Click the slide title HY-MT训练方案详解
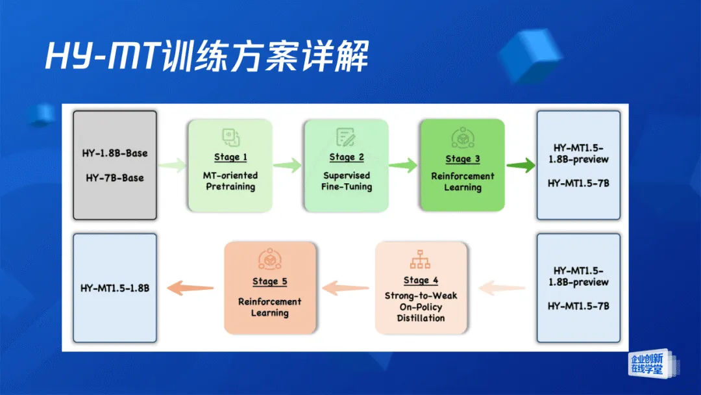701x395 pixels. click(x=206, y=57)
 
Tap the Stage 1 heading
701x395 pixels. click(x=231, y=157)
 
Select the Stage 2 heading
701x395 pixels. click(x=347, y=157)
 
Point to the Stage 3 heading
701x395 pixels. click(x=463, y=159)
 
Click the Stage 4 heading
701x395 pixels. click(x=421, y=281)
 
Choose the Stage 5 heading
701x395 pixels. click(x=269, y=282)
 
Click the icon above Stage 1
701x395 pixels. click(x=231, y=137)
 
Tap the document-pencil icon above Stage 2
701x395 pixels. click(x=346, y=137)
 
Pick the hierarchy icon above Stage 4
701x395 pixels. click(x=421, y=260)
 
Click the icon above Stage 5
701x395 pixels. click(x=269, y=260)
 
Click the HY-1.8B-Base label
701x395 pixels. click(x=115, y=154)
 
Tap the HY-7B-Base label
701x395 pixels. click(x=115, y=177)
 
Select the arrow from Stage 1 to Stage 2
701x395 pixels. click(x=288, y=166)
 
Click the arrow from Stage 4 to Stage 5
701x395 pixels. click(x=346, y=287)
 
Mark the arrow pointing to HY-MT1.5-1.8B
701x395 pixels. click(x=190, y=288)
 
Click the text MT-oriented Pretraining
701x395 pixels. click(x=231, y=181)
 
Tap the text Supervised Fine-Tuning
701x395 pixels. click(x=347, y=181)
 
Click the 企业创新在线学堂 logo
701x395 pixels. click(x=647, y=364)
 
